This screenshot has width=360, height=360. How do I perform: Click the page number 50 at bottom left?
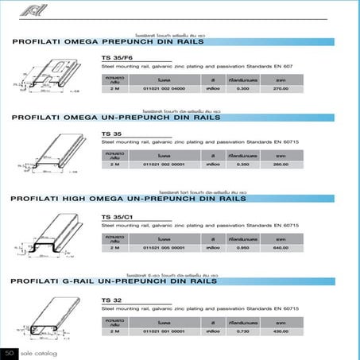click(x=9, y=352)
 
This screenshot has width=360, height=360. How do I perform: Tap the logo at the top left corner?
click(x=24, y=9)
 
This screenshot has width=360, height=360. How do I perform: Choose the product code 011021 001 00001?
click(x=164, y=332)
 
